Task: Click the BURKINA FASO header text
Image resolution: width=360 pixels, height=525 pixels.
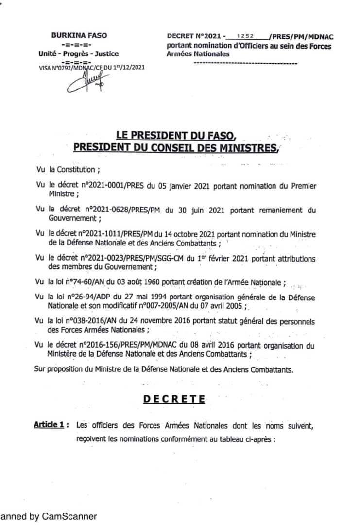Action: pyautogui.click(x=79, y=35)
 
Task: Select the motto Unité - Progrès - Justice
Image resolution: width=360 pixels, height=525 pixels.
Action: pyautogui.click(x=78, y=54)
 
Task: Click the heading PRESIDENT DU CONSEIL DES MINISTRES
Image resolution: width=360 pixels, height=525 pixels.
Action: pyautogui.click(x=175, y=147)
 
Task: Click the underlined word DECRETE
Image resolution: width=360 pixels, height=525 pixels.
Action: pyautogui.click(x=174, y=399)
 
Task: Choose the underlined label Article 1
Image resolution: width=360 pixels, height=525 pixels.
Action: pyautogui.click(x=49, y=425)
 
